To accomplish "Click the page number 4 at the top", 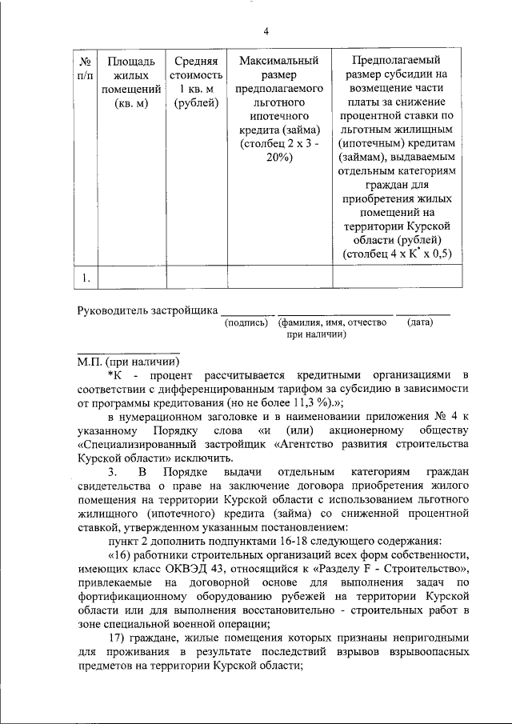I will tap(266, 31).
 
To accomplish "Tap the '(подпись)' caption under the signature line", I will tap(247, 323).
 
